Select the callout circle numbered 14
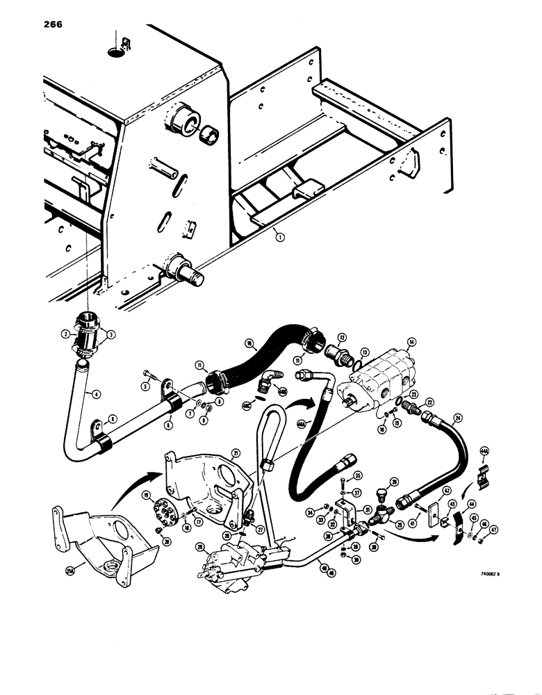click(412, 342)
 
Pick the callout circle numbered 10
click(247, 343)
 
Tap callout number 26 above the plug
click(394, 481)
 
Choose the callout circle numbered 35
click(359, 475)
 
